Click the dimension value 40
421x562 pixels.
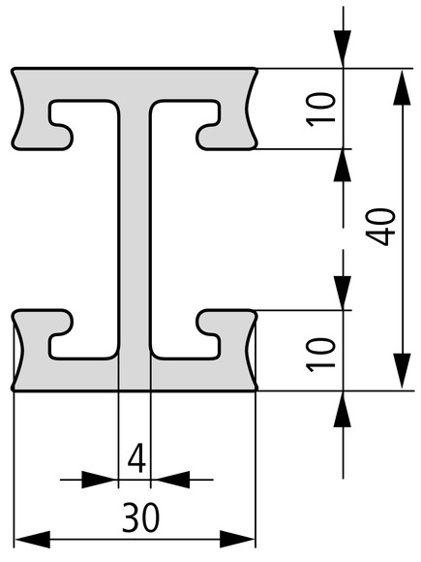pyautogui.click(x=380, y=228)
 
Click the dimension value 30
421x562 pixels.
pyautogui.click(x=140, y=517)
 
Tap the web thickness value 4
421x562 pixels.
pyautogui.click(x=137, y=457)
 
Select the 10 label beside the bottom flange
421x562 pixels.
pyautogui.click(x=320, y=355)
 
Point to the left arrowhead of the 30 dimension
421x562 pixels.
pyautogui.click(x=32, y=539)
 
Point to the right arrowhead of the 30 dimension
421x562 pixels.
pyautogui.click(x=237, y=539)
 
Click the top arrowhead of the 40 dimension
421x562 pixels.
pyautogui.click(x=402, y=87)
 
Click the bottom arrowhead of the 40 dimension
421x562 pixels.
pyautogui.click(x=402, y=371)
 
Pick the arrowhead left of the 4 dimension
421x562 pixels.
pyautogui.click(x=100, y=480)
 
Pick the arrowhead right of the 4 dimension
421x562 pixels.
pyautogui.click(x=170, y=480)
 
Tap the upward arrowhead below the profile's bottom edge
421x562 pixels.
pyautogui.click(x=343, y=409)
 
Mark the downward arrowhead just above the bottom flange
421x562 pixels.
pyautogui.click(x=343, y=292)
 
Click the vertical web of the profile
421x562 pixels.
pyautogui.click(x=135, y=230)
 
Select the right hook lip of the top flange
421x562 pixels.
pyautogui.click(x=208, y=137)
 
